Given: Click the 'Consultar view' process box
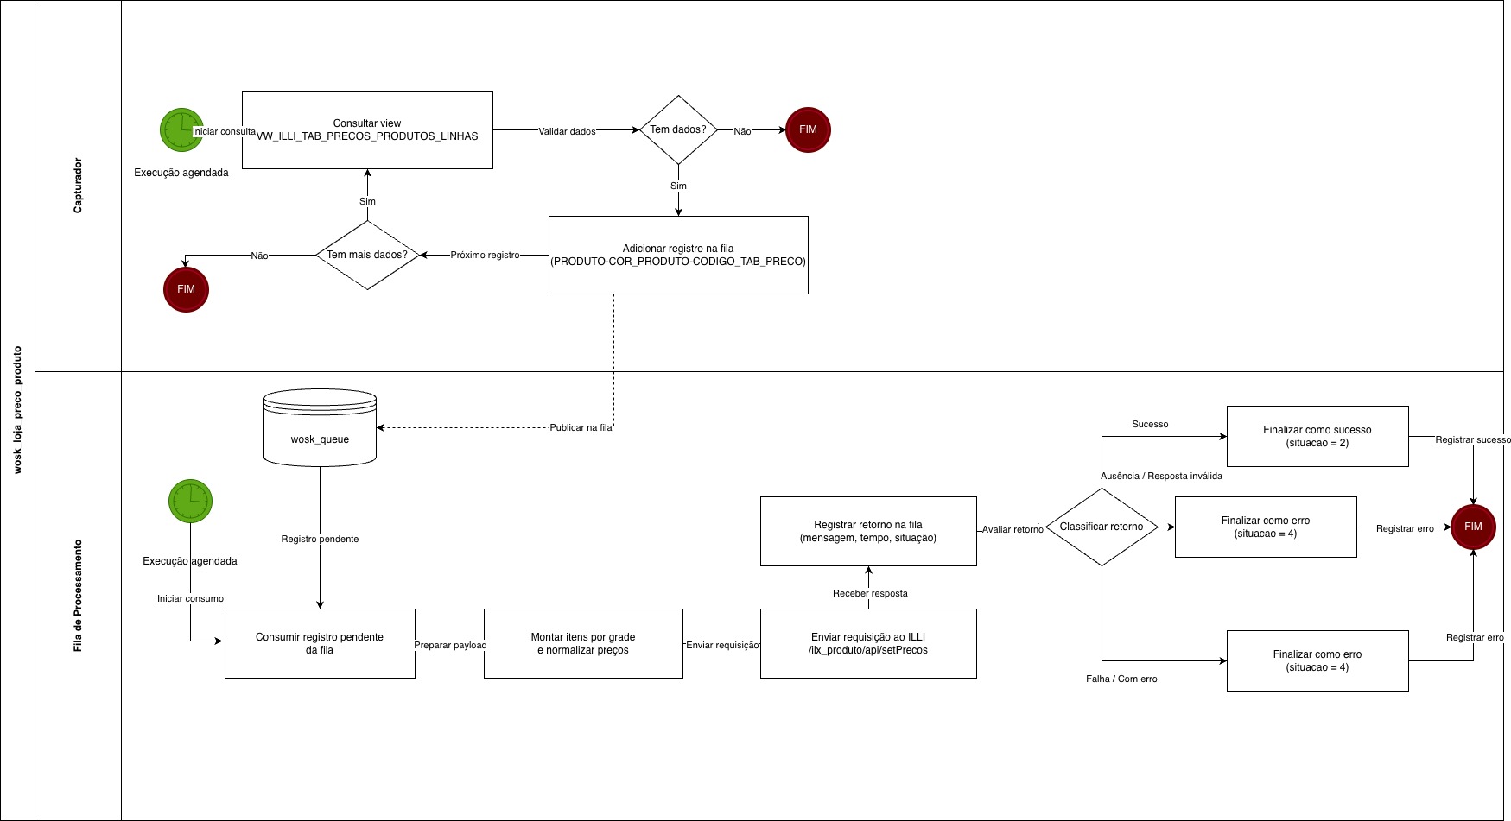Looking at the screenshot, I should tap(367, 129).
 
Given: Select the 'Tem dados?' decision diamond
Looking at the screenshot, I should tap(678, 129).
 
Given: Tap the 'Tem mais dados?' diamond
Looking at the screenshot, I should tap(367, 255).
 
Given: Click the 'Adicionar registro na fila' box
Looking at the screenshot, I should tap(678, 255).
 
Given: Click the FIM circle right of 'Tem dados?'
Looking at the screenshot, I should tap(808, 129).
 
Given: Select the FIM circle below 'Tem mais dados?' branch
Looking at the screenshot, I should tap(186, 289).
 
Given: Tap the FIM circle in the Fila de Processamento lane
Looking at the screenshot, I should tap(1473, 527).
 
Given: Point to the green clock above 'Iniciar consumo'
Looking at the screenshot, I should tap(190, 501).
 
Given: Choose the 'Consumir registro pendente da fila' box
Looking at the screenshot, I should tap(320, 643).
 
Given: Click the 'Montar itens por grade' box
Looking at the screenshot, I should tap(583, 643).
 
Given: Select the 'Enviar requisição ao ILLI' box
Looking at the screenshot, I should tap(868, 643).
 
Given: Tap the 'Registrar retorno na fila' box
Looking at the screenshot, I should tap(868, 531).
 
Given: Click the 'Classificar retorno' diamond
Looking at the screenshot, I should tap(1102, 527).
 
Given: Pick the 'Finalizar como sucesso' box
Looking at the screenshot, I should tap(1317, 436).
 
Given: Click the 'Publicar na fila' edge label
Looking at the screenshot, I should tap(581, 427).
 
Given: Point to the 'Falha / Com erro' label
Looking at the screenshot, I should tap(1121, 679).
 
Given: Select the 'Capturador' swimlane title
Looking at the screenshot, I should tap(78, 186).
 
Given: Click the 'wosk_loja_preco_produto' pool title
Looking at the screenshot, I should tap(17, 410).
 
